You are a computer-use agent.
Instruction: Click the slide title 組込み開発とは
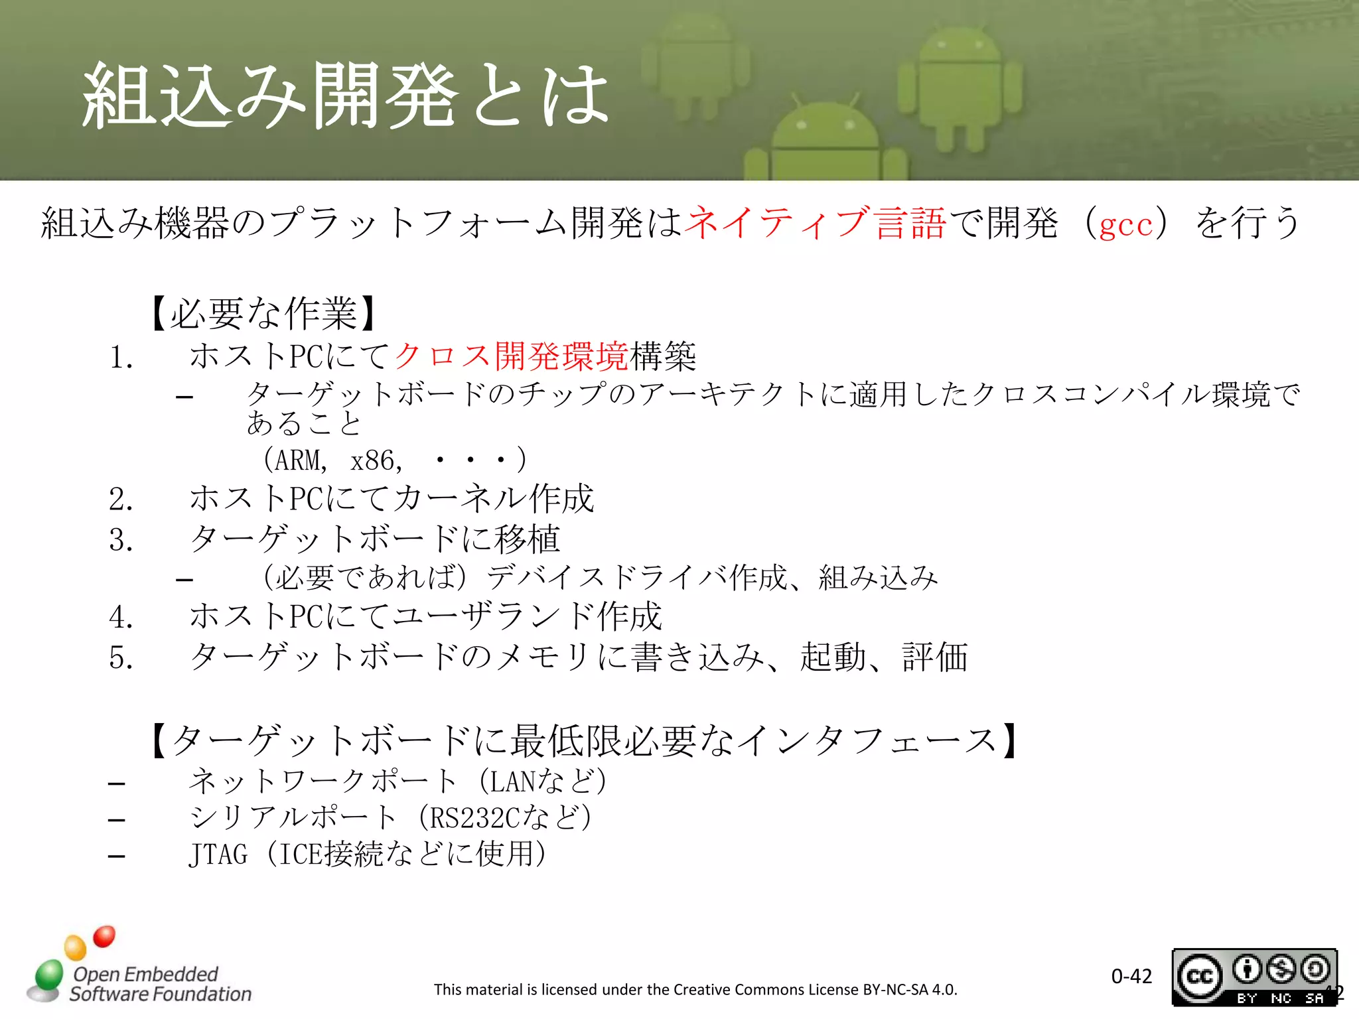pyautogui.click(x=345, y=96)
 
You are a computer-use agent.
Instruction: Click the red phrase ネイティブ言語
pyautogui.click(x=815, y=223)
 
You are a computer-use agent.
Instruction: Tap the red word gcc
pyautogui.click(x=1126, y=224)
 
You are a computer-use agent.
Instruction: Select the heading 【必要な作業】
pyautogui.click(x=263, y=313)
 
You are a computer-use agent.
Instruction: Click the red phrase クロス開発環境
pyautogui.click(x=511, y=356)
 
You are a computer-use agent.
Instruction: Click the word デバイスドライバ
pyautogui.click(x=607, y=577)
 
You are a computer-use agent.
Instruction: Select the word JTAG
pyautogui.click(x=218, y=854)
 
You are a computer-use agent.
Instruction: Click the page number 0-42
pyautogui.click(x=1131, y=976)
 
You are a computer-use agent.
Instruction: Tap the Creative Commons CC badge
pyautogui.click(x=1200, y=977)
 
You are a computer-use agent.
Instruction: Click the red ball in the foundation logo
pyautogui.click(x=104, y=936)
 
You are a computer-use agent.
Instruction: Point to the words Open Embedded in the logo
pyautogui.click(x=145, y=974)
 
